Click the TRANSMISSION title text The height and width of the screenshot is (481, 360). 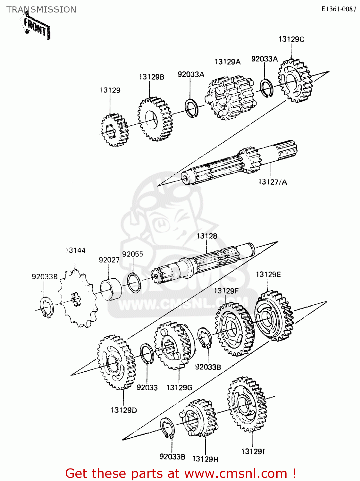pos(41,10)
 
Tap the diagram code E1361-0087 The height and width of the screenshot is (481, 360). pos(339,9)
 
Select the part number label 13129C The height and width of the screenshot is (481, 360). pos(291,39)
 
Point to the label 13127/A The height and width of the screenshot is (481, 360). pos(272,182)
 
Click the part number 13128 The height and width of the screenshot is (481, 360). pos(207,236)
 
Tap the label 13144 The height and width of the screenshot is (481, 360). pos(75,250)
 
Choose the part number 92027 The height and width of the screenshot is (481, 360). pos(109,260)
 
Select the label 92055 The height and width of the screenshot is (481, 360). pos(133,254)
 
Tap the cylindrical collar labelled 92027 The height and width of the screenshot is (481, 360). pos(111,289)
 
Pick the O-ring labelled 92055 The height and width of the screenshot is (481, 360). pos(134,282)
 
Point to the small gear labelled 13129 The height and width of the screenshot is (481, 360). pos(115,130)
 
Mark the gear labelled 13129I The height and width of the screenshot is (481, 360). pos(247,404)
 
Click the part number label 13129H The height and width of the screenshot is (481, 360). pos(205,459)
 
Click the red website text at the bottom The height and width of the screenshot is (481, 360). pos(180,473)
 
